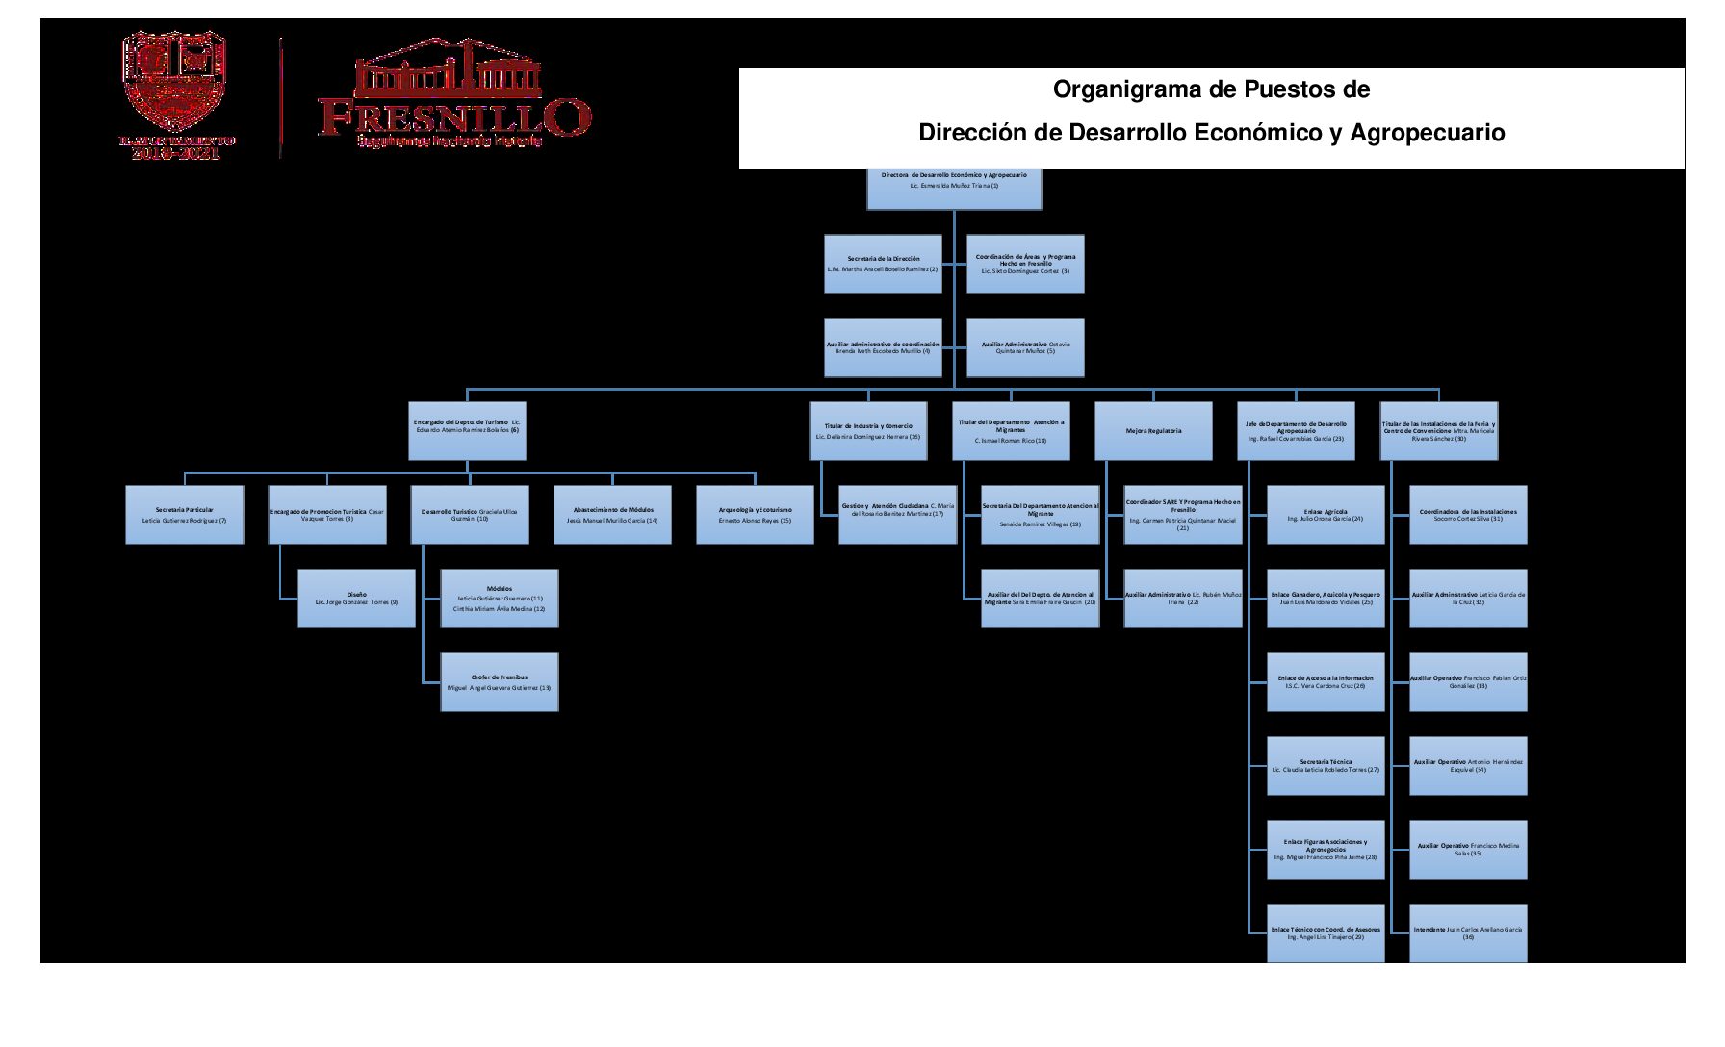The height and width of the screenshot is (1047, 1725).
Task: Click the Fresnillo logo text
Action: pyautogui.click(x=454, y=117)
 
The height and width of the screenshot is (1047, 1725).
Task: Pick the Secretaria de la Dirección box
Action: pyautogui.click(x=883, y=264)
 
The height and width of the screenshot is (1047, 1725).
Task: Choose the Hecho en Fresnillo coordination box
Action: pyautogui.click(x=1025, y=264)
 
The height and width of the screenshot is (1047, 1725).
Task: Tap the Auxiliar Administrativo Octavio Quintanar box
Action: pyautogui.click(x=1025, y=347)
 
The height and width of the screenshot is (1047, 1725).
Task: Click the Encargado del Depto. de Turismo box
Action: pyautogui.click(x=467, y=430)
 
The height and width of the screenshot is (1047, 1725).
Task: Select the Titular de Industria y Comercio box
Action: pyautogui.click(x=868, y=430)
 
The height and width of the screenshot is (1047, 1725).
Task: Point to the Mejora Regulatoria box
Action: pyautogui.click(x=1153, y=430)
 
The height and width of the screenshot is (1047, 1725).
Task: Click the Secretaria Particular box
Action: pyautogui.click(x=184, y=515)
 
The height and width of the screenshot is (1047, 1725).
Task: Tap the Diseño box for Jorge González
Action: pyautogui.click(x=356, y=599)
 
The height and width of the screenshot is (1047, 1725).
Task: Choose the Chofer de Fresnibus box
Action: pyautogui.click(x=499, y=682)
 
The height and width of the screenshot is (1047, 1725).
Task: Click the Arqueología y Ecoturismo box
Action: pyautogui.click(x=755, y=515)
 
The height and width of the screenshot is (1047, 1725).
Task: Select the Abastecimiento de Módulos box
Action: pyautogui.click(x=612, y=515)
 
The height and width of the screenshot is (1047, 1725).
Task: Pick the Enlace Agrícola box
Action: pyautogui.click(x=1326, y=515)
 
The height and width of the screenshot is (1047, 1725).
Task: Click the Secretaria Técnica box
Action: pyautogui.click(x=1326, y=766)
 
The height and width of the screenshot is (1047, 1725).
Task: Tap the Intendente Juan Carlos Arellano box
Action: pyautogui.click(x=1468, y=932)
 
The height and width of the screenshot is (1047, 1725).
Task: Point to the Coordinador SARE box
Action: pyautogui.click(x=1183, y=515)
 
